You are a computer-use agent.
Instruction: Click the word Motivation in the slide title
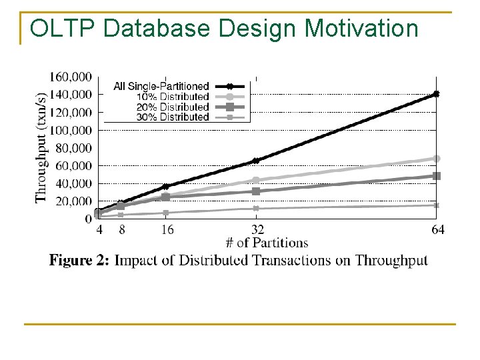coord(362,29)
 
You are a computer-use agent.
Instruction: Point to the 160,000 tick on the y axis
coord(71,77)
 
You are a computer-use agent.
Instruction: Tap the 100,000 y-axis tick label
coord(71,130)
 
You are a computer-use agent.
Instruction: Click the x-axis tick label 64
coord(437,230)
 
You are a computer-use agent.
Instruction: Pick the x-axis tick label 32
coord(257,230)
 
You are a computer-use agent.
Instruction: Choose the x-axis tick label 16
coord(167,230)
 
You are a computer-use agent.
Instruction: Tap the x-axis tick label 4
coord(99,230)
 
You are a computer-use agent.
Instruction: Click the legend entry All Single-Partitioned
coord(161,86)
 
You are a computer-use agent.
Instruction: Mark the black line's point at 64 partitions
coord(437,94)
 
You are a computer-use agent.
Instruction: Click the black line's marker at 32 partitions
coord(256,161)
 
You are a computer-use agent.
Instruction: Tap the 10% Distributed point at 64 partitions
coord(437,159)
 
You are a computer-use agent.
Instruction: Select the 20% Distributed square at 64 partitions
coord(437,176)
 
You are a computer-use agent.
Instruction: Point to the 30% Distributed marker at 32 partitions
coord(256,209)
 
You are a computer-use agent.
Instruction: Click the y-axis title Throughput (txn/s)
coord(41,147)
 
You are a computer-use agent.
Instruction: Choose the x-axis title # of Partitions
coord(267,243)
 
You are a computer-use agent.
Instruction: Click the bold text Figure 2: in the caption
coord(79,260)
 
